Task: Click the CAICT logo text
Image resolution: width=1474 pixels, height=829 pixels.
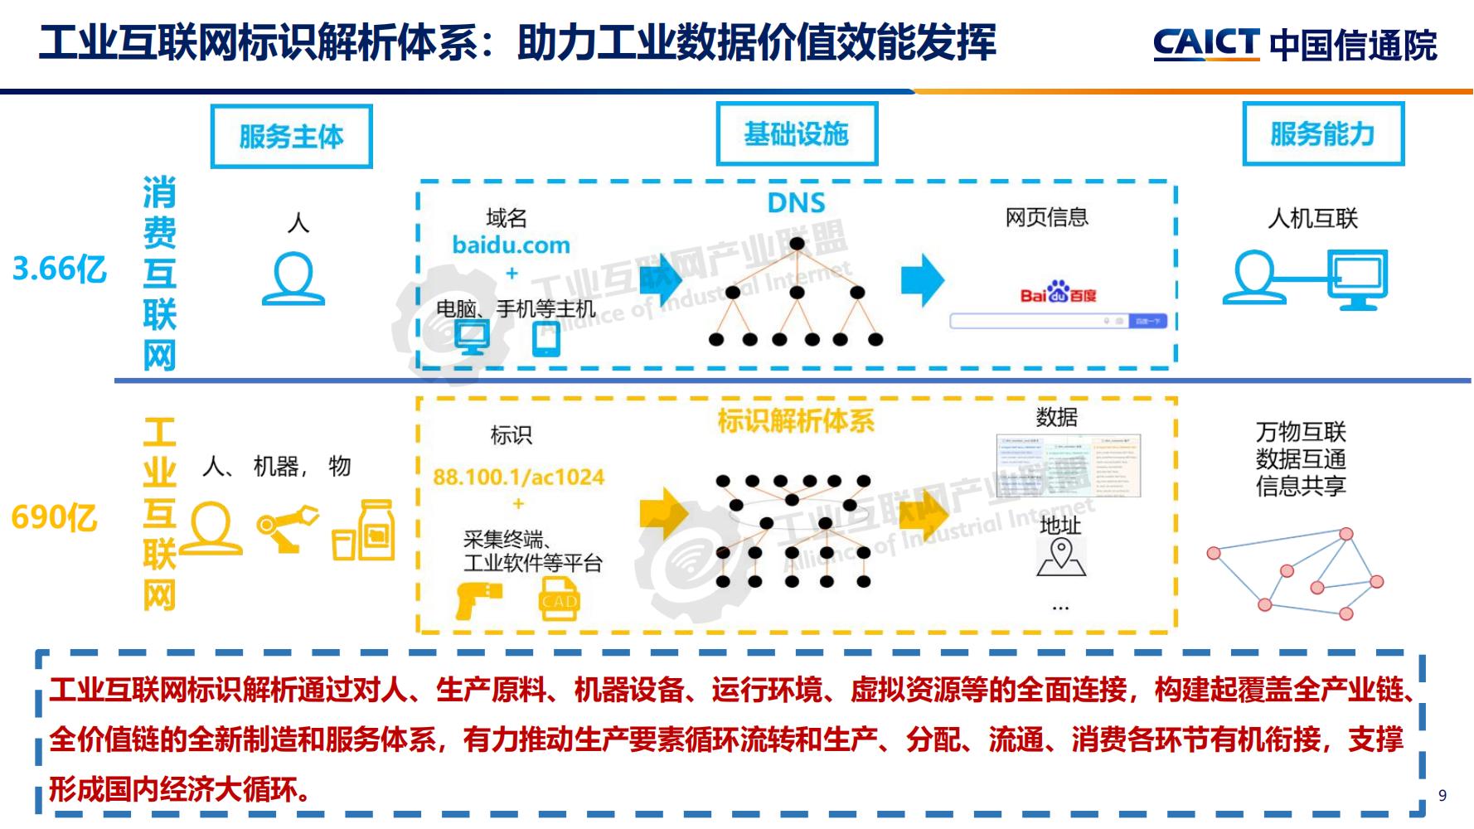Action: [1206, 43]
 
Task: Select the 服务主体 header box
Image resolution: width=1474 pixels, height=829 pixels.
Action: [291, 137]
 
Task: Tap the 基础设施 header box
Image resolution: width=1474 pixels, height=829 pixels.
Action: [797, 134]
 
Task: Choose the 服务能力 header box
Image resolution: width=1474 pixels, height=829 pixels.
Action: [1322, 134]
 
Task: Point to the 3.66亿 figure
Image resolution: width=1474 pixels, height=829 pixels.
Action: [60, 269]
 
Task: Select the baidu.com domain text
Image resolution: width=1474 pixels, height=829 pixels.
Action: [511, 245]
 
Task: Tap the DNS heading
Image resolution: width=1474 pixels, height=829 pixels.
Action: [796, 203]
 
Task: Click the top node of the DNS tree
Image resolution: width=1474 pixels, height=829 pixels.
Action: [797, 244]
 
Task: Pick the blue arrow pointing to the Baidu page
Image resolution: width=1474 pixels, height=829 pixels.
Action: [923, 280]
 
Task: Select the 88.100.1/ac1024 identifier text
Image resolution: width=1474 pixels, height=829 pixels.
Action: [519, 478]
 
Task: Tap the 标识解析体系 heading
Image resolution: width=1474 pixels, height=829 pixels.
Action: [796, 421]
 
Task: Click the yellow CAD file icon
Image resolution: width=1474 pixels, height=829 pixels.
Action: [560, 599]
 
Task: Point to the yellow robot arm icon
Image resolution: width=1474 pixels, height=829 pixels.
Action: [287, 528]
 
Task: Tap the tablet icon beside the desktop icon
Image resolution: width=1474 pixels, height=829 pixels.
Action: [546, 338]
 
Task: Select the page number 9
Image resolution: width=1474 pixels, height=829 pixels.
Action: [1442, 795]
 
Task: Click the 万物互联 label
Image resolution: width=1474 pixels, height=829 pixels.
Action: [1300, 432]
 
